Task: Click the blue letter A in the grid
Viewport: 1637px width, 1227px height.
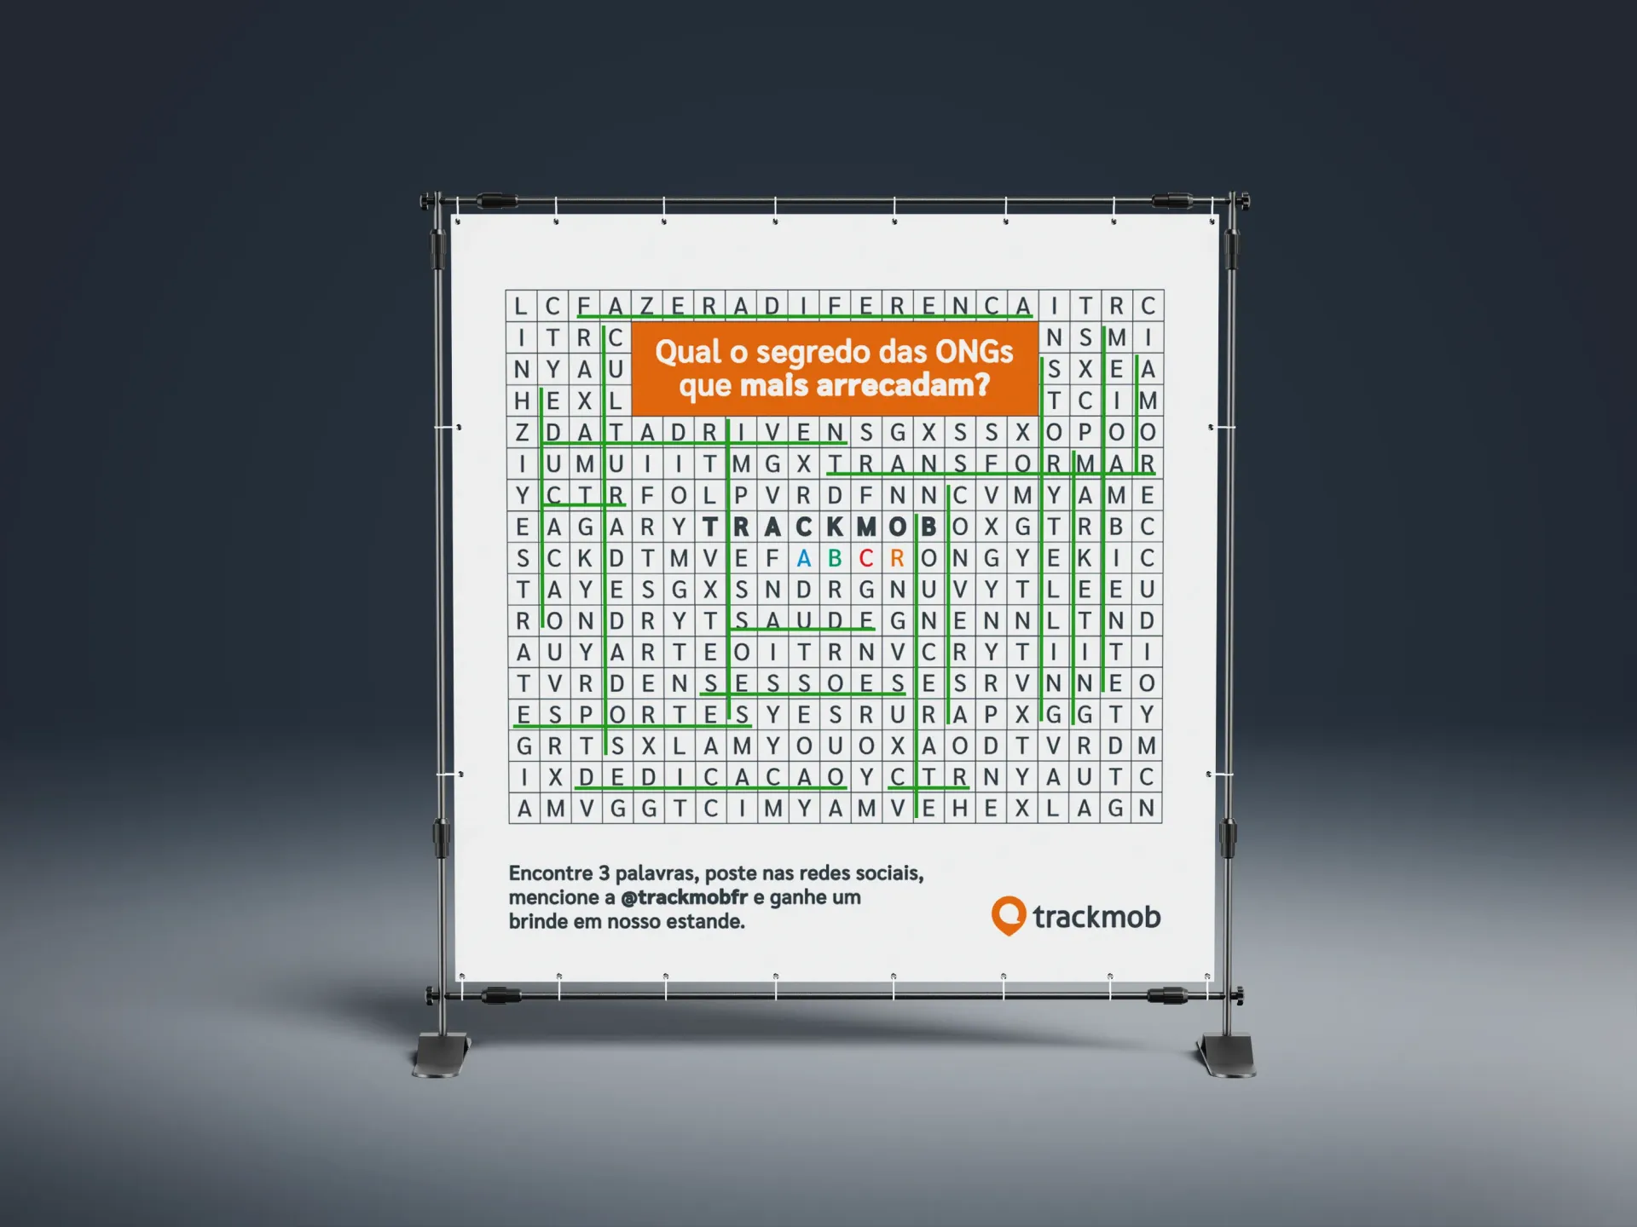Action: click(803, 558)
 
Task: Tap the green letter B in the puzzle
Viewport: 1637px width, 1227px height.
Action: click(835, 558)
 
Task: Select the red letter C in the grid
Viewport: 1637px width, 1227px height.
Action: click(866, 558)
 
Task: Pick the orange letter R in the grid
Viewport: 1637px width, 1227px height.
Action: click(897, 558)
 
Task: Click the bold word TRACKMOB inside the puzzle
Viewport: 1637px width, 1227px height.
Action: click(819, 527)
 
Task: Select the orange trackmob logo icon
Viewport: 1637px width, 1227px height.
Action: click(1008, 916)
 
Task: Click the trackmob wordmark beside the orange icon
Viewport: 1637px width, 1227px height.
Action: click(1096, 917)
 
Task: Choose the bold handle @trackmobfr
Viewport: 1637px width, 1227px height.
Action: click(684, 897)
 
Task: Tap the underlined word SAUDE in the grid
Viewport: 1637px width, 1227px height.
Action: click(803, 621)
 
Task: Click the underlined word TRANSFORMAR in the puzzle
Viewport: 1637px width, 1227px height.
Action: click(992, 464)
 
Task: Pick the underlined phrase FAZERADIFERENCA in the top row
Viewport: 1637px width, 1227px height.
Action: click(803, 306)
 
